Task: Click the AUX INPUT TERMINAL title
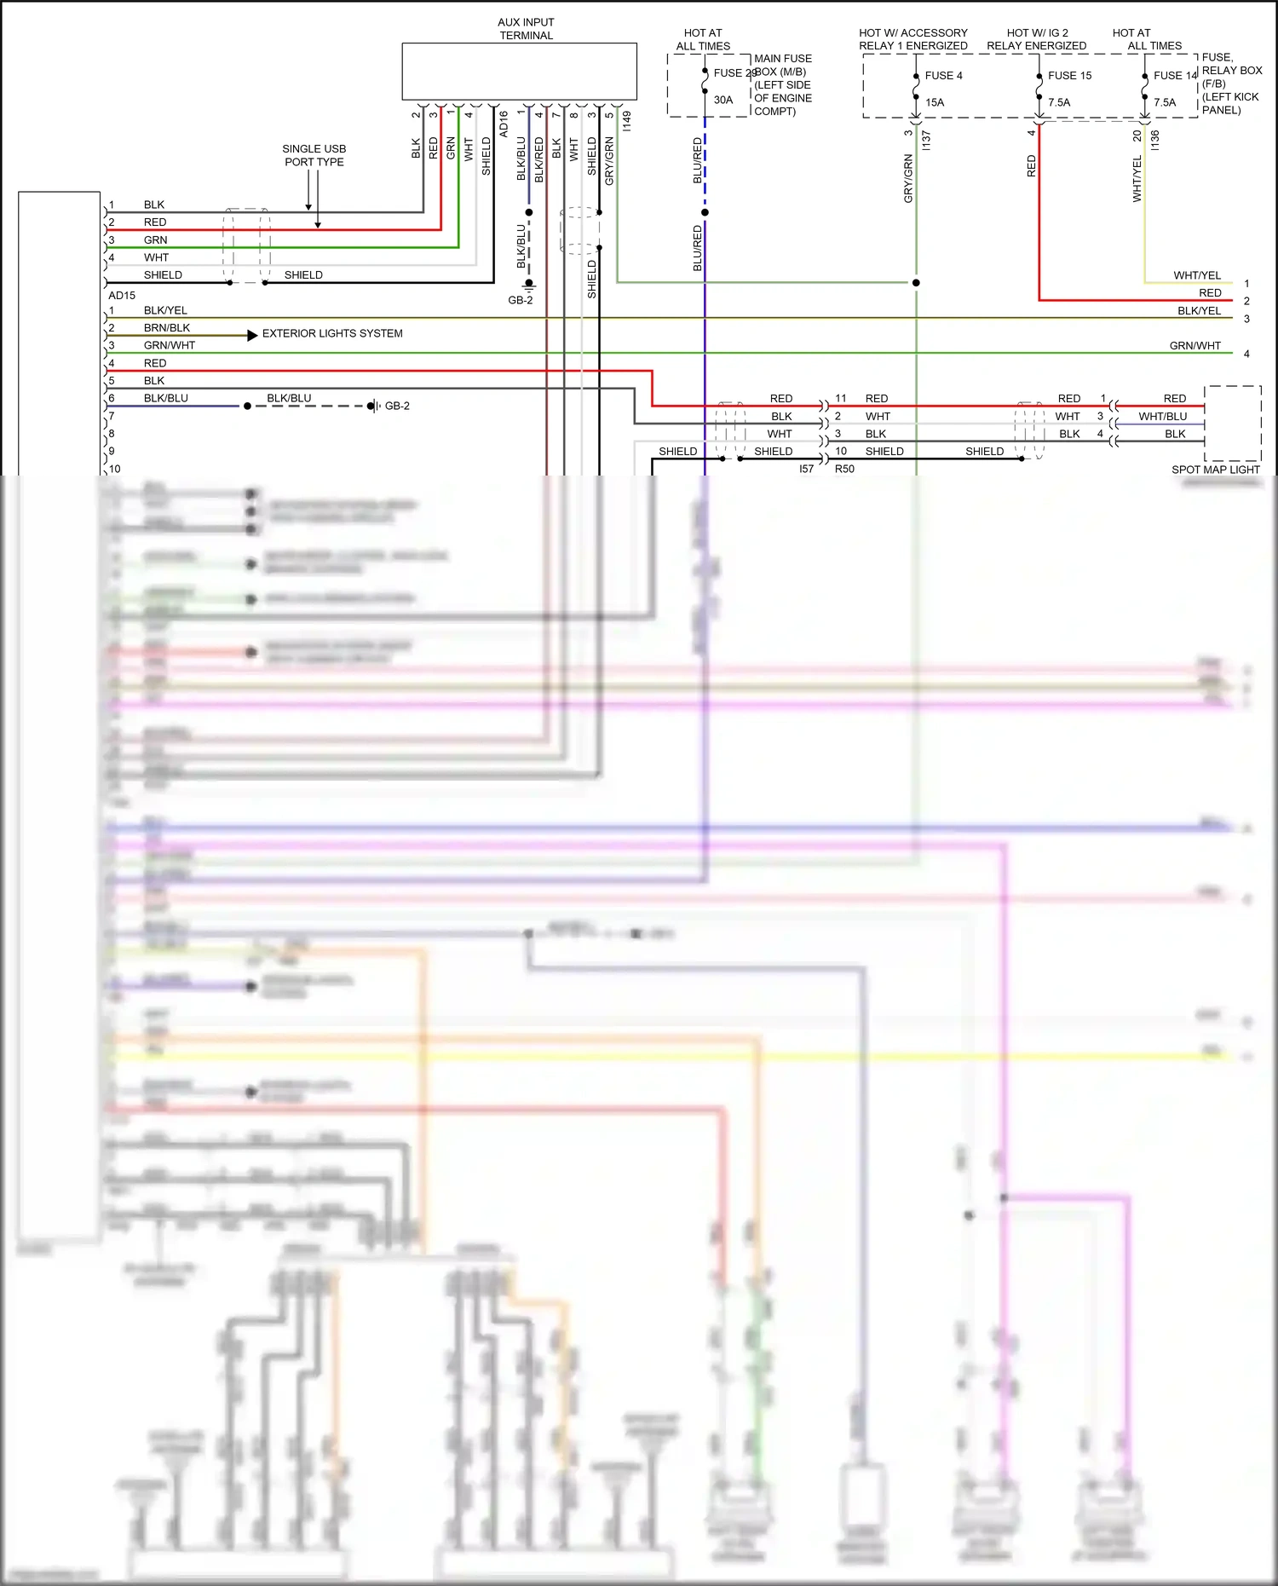pyautogui.click(x=526, y=29)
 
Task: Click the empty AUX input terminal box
pyautogui.click(x=519, y=72)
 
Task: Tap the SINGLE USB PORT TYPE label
pyautogui.click(x=314, y=155)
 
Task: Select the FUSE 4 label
pyautogui.click(x=943, y=76)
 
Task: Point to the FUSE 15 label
pyautogui.click(x=1069, y=76)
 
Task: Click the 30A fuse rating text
pyautogui.click(x=722, y=100)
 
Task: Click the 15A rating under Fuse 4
pyautogui.click(x=935, y=102)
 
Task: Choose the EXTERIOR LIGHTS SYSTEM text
pyautogui.click(x=332, y=333)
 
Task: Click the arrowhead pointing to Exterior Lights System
pyautogui.click(x=252, y=336)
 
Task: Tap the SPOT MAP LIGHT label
pyautogui.click(x=1215, y=470)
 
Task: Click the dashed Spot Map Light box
pyautogui.click(x=1232, y=423)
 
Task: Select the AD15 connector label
pyautogui.click(x=122, y=296)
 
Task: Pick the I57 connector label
pyautogui.click(x=806, y=469)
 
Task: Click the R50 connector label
pyautogui.click(x=844, y=469)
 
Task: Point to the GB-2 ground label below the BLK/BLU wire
pyautogui.click(x=520, y=300)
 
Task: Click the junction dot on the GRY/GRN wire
pyautogui.click(x=916, y=282)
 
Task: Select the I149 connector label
pyautogui.click(x=627, y=121)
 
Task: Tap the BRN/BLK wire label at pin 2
pyautogui.click(x=167, y=328)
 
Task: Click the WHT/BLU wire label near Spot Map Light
pyautogui.click(x=1162, y=417)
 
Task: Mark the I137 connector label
pyautogui.click(x=926, y=140)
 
